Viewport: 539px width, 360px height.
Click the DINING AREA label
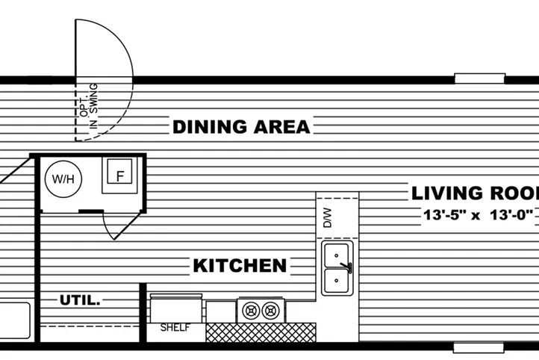tap(240, 127)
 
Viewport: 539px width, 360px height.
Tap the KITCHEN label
tap(240, 265)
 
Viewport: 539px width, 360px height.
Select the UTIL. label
tap(80, 301)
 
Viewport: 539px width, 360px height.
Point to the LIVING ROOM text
tap(475, 193)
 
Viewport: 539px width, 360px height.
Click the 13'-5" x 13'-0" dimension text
tap(478, 215)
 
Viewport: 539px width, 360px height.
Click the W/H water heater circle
tap(60, 179)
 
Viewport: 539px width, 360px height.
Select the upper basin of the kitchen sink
tap(337, 255)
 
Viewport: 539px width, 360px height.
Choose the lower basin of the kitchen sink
tap(337, 282)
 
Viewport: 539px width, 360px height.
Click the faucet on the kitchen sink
tap(346, 267)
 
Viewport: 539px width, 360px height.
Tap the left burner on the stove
tap(249, 308)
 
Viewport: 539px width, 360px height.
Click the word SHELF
tap(175, 328)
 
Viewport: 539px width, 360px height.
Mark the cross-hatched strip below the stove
tap(261, 332)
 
